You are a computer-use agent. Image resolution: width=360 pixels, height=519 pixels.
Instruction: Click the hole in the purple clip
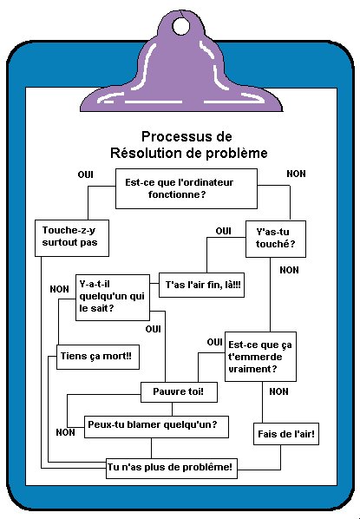181,26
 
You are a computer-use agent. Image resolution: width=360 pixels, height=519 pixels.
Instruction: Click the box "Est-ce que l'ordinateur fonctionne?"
187,188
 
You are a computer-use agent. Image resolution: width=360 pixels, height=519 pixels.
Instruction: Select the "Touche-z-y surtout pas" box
72,238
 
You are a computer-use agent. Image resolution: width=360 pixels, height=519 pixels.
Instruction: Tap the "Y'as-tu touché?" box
276,239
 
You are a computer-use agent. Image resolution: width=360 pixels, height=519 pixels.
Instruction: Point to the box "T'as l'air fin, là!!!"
201,285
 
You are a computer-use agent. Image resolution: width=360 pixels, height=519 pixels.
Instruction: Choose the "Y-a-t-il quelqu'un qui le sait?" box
113,298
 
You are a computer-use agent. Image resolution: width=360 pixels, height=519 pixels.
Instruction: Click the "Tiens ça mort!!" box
98,357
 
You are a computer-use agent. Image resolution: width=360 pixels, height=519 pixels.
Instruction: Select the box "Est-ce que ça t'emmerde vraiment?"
260,357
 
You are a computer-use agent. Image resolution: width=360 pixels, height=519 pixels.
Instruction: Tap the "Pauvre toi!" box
179,392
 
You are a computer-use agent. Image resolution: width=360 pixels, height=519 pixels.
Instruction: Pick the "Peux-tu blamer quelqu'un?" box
156,427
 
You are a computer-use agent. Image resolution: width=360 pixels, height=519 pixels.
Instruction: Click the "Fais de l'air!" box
286,434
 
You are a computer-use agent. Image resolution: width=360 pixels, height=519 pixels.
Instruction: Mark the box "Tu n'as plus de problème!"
172,469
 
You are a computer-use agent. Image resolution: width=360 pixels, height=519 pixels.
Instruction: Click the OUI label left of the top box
85,174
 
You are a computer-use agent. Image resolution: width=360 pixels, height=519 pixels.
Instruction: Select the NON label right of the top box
296,174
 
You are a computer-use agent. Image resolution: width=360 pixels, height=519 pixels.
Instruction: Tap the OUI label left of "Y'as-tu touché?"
223,231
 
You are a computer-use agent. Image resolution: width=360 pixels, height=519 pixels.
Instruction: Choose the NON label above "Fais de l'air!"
278,391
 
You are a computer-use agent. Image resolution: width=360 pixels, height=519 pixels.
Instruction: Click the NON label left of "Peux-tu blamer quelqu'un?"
65,432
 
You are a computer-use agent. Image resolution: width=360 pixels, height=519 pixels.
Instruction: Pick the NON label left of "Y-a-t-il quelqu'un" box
59,289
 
